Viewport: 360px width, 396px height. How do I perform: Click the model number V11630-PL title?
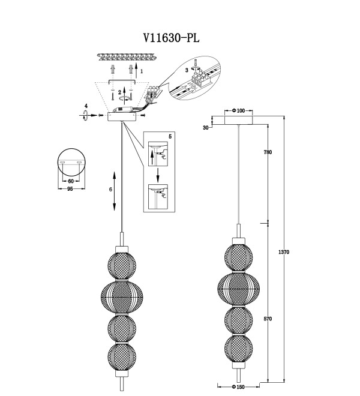click(172, 38)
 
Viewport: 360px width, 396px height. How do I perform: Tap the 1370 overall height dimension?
click(284, 252)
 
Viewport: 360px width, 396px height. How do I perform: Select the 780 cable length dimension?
click(268, 152)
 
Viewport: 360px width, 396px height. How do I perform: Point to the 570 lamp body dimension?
click(268, 319)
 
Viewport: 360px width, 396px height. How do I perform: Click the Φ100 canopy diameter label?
click(238, 110)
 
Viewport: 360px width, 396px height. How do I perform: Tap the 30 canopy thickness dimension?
click(206, 128)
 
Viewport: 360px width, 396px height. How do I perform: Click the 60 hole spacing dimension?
click(71, 181)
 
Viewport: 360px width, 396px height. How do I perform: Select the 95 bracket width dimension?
click(70, 188)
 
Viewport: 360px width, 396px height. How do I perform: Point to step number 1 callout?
click(142, 71)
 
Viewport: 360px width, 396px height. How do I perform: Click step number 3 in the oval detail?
click(187, 70)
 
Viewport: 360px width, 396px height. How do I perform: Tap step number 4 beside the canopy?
click(86, 106)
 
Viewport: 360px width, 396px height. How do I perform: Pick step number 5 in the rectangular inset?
click(170, 137)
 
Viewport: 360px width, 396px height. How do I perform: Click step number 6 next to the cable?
click(110, 189)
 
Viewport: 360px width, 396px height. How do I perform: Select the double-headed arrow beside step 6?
click(115, 191)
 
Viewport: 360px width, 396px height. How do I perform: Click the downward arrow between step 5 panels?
click(158, 175)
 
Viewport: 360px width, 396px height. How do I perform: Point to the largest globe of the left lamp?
click(122, 297)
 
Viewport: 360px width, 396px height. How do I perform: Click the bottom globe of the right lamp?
click(238, 350)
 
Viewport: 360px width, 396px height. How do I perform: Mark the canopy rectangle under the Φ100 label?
click(238, 120)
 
